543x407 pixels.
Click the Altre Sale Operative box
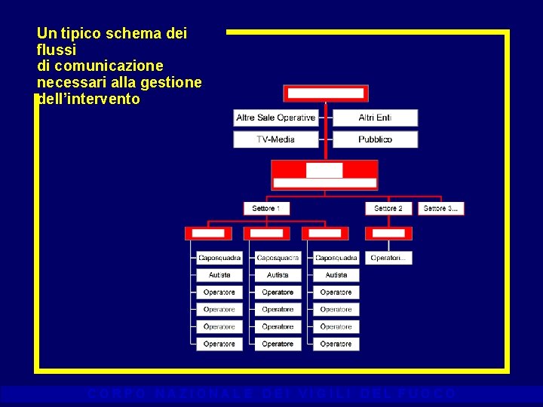275,118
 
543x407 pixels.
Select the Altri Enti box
375,118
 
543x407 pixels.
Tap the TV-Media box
275,139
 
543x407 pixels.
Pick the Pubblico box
375,139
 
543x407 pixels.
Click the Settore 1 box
266,208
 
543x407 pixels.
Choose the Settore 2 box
388,208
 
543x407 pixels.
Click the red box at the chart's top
325,93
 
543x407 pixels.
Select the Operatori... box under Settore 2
388,258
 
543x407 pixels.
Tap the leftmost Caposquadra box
219,258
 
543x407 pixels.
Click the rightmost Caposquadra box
336,258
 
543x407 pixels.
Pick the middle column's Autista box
278,275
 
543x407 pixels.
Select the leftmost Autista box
219,275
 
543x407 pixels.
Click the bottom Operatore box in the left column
219,344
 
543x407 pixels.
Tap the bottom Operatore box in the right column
336,344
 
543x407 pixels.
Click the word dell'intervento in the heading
89,99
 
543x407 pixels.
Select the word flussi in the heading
57,50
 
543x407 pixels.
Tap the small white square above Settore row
324,170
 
